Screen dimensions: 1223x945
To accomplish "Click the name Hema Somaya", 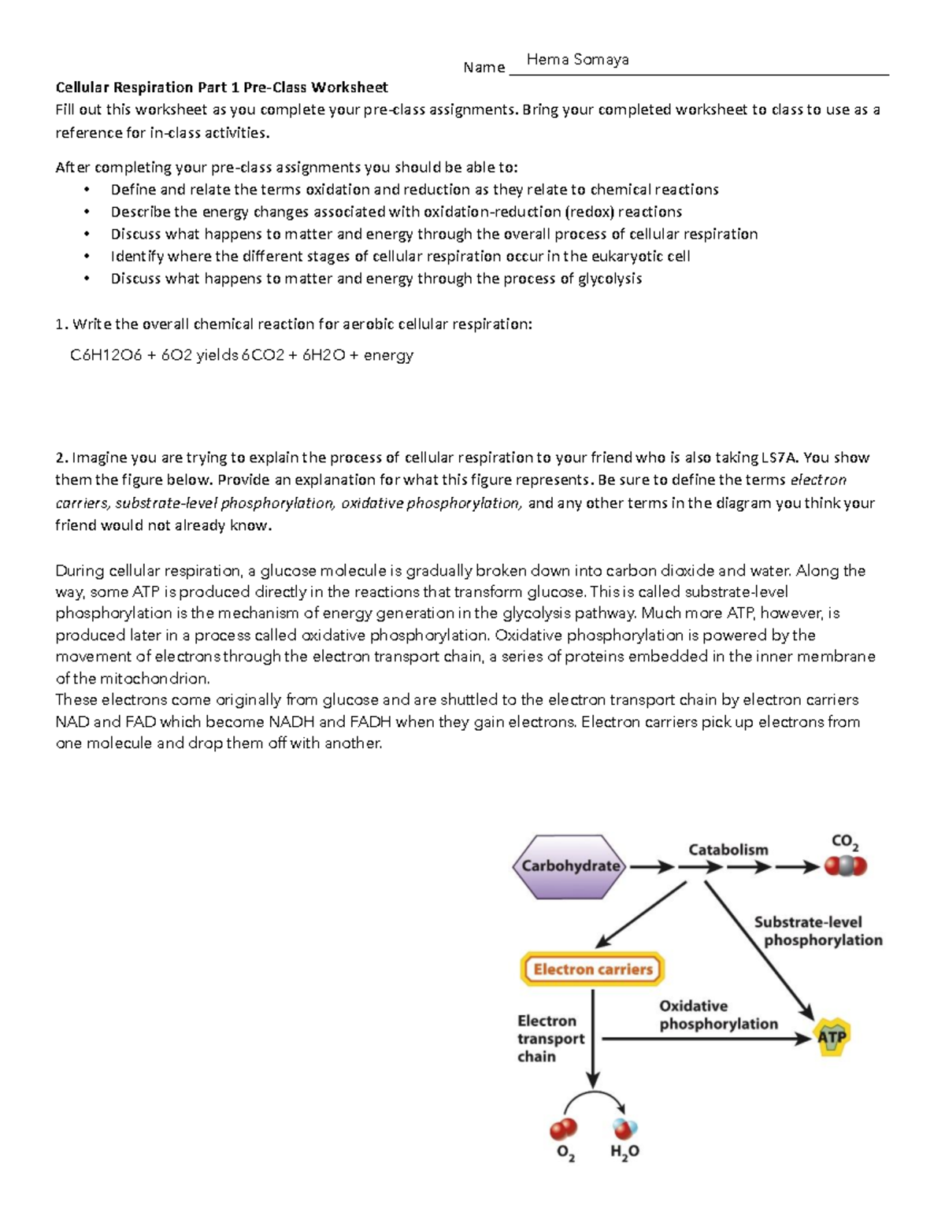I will click(577, 60).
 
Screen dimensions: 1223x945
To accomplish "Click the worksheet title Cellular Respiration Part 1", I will click(221, 87).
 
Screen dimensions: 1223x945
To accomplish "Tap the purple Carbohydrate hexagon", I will click(570, 866).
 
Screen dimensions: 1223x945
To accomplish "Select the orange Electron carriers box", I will click(592, 969).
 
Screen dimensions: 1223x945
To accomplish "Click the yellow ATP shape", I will click(831, 1036).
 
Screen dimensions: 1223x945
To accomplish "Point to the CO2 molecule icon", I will click(845, 866).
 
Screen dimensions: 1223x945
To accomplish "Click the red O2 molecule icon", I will click(563, 1129).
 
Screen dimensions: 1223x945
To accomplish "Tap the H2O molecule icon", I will click(624, 1129).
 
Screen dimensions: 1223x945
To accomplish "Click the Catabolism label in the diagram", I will click(728, 850).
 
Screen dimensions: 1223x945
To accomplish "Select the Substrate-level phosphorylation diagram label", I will click(817, 931).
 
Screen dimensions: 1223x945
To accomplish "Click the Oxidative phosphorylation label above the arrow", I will click(717, 1015).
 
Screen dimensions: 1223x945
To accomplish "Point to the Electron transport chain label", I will click(550, 1039).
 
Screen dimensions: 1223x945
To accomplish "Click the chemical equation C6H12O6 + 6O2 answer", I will click(241, 355).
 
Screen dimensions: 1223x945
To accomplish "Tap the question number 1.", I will click(61, 324).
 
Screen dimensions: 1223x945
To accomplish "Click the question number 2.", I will click(61, 458).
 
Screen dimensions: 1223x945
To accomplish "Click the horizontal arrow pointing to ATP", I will click(705, 1039).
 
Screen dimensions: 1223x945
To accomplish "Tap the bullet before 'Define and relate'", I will click(87, 190).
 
